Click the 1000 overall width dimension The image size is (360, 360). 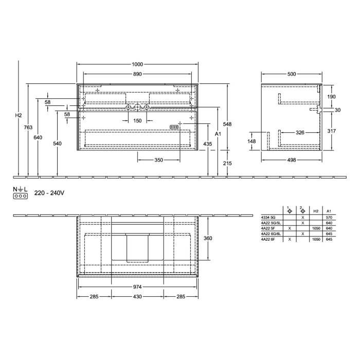(137, 64)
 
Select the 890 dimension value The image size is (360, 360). (137, 75)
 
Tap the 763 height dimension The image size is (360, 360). (29, 127)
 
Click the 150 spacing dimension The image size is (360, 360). (137, 121)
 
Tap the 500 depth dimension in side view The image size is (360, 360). (292, 75)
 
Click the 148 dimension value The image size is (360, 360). (252, 141)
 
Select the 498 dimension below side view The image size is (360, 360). (292, 160)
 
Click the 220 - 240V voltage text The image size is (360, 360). (49, 193)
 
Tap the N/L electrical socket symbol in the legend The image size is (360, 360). (20, 193)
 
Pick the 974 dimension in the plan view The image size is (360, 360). (137, 287)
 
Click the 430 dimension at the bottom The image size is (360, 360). (137, 297)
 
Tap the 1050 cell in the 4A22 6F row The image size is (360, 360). (316, 239)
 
